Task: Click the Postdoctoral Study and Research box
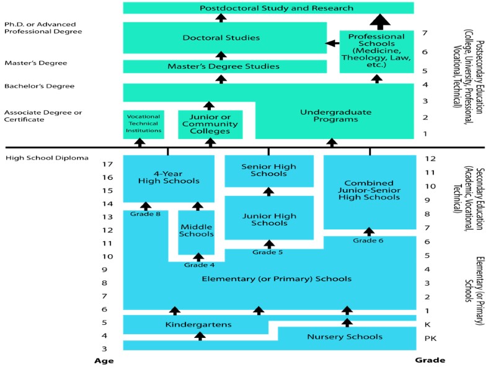[268, 8]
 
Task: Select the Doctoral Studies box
[221, 38]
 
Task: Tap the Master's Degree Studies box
[224, 66]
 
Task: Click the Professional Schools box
[376, 51]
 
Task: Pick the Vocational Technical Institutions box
[143, 123]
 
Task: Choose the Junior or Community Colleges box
[210, 124]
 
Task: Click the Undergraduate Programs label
[335, 116]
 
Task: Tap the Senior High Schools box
[268, 170]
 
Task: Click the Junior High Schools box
[268, 219]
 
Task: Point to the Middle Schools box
[196, 231]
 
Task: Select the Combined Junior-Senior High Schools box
[369, 190]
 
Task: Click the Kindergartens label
[198, 324]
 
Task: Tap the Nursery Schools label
[345, 337]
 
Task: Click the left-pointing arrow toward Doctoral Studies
[333, 43]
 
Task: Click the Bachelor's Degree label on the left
[31, 86]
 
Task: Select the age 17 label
[108, 164]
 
